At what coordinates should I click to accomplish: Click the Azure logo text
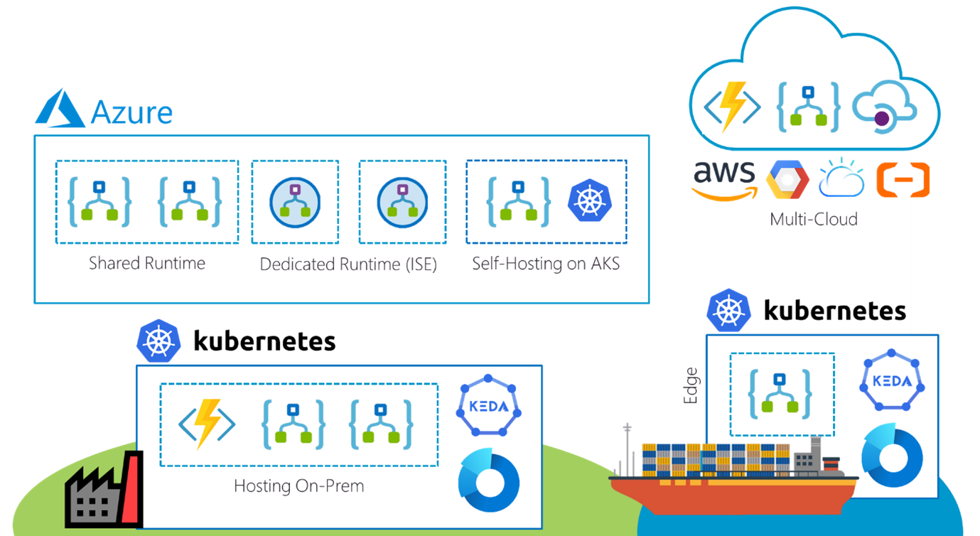tap(131, 112)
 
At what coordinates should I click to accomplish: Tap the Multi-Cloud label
tap(813, 218)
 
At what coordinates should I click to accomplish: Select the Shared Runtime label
tap(147, 263)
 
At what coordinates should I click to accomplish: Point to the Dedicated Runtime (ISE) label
tap(348, 264)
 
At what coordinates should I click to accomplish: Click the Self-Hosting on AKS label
tap(546, 264)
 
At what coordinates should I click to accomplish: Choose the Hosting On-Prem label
tap(298, 486)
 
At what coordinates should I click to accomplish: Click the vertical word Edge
tap(690, 386)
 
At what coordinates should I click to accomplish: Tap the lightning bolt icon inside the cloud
tap(732, 106)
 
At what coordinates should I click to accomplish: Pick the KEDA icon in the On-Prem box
tap(488, 409)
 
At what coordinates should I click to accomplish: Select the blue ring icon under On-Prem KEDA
tap(488, 481)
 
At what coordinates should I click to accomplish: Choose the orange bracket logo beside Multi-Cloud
tap(903, 179)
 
